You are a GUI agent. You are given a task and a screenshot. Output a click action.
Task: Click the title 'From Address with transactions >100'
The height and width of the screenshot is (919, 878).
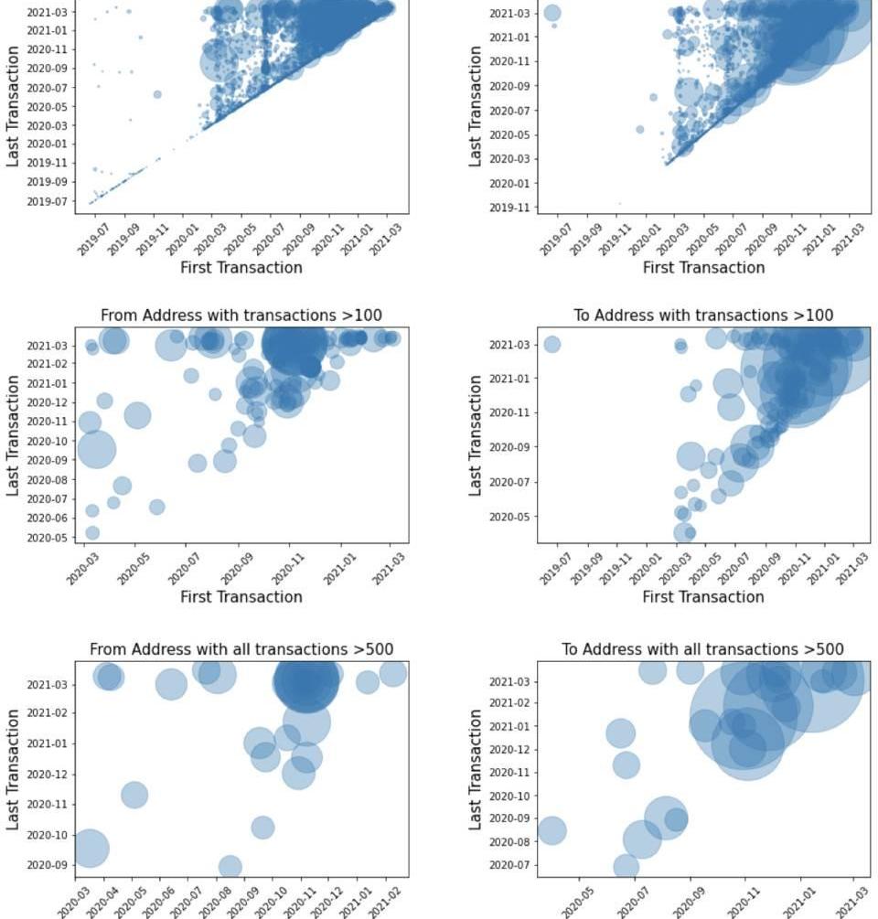click(x=241, y=315)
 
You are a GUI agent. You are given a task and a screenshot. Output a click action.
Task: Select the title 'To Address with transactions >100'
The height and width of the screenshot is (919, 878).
click(x=702, y=315)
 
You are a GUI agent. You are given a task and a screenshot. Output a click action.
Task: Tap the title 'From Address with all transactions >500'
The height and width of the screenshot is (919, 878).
click(x=241, y=649)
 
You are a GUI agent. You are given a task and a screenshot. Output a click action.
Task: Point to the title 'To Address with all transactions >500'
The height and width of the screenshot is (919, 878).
click(x=702, y=649)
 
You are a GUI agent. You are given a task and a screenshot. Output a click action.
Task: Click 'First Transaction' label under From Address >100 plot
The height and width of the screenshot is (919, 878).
click(x=241, y=597)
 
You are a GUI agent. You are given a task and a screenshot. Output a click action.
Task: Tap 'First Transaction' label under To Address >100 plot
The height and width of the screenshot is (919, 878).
click(x=702, y=597)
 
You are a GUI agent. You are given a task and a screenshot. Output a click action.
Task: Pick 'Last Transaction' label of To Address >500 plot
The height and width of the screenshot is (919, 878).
click(x=476, y=769)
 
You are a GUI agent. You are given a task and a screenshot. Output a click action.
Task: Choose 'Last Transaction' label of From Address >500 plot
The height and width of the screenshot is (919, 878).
click(x=14, y=769)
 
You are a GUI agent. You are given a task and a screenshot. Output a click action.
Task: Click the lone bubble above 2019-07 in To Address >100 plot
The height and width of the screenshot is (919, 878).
click(x=551, y=345)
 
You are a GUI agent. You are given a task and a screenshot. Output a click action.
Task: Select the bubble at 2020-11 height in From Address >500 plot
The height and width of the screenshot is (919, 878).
click(x=134, y=795)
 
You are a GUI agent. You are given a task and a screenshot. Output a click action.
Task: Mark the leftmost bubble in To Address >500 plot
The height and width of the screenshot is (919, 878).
click(x=551, y=830)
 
